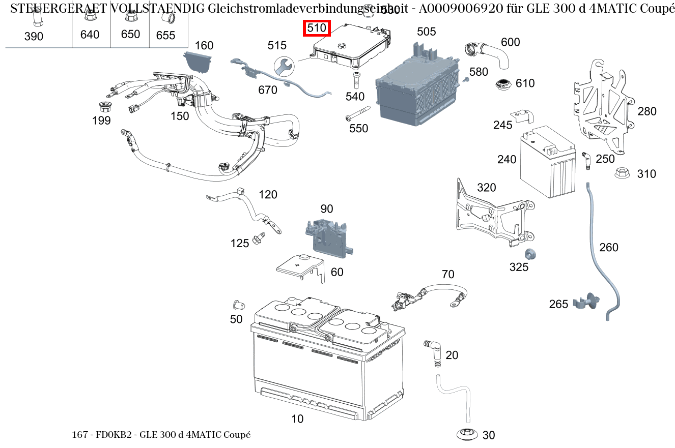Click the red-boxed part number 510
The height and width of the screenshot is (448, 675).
[317, 28]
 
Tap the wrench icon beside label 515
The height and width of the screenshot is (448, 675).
[284, 66]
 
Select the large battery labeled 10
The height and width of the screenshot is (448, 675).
[326, 361]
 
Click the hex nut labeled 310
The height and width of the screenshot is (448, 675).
[620, 173]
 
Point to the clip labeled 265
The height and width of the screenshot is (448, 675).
[586, 302]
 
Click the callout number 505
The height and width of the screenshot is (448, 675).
[426, 32]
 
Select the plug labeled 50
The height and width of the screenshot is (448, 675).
[237, 305]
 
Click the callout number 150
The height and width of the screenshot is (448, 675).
[179, 116]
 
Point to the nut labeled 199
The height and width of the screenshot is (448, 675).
[105, 107]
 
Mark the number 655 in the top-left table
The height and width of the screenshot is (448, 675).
[165, 35]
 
